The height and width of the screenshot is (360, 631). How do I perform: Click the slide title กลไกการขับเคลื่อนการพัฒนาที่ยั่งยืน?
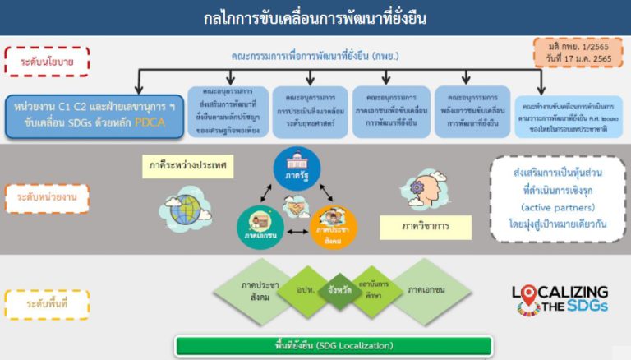(315, 17)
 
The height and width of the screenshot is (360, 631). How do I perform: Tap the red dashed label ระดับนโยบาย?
(48, 61)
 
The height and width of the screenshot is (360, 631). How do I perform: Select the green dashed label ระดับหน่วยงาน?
(48, 198)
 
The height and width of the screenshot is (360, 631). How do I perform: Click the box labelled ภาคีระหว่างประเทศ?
(195, 168)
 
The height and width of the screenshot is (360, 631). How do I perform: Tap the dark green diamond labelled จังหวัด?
(335, 292)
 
